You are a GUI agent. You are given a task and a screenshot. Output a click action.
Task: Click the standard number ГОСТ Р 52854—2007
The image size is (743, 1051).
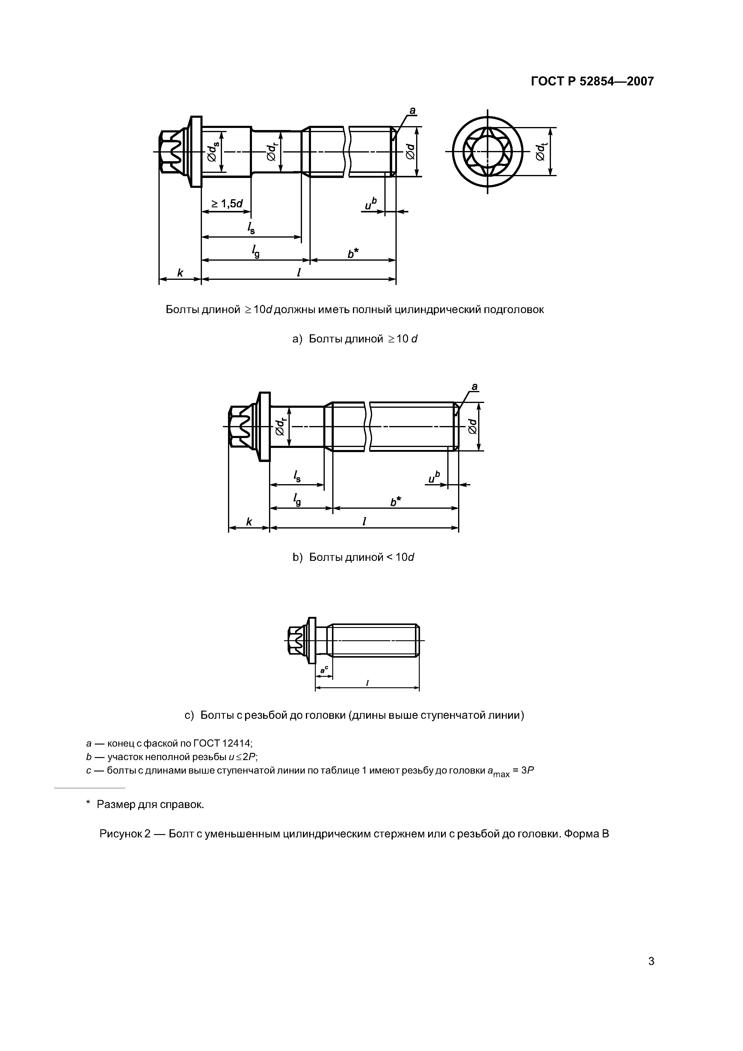point(592,81)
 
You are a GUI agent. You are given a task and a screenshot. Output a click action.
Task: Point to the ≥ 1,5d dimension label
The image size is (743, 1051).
point(226,203)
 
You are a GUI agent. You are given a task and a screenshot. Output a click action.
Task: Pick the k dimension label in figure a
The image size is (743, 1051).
point(180,273)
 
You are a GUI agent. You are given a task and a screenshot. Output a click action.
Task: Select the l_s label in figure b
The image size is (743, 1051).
point(297,477)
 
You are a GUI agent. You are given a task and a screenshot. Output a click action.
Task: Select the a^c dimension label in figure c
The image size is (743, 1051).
point(324,670)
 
